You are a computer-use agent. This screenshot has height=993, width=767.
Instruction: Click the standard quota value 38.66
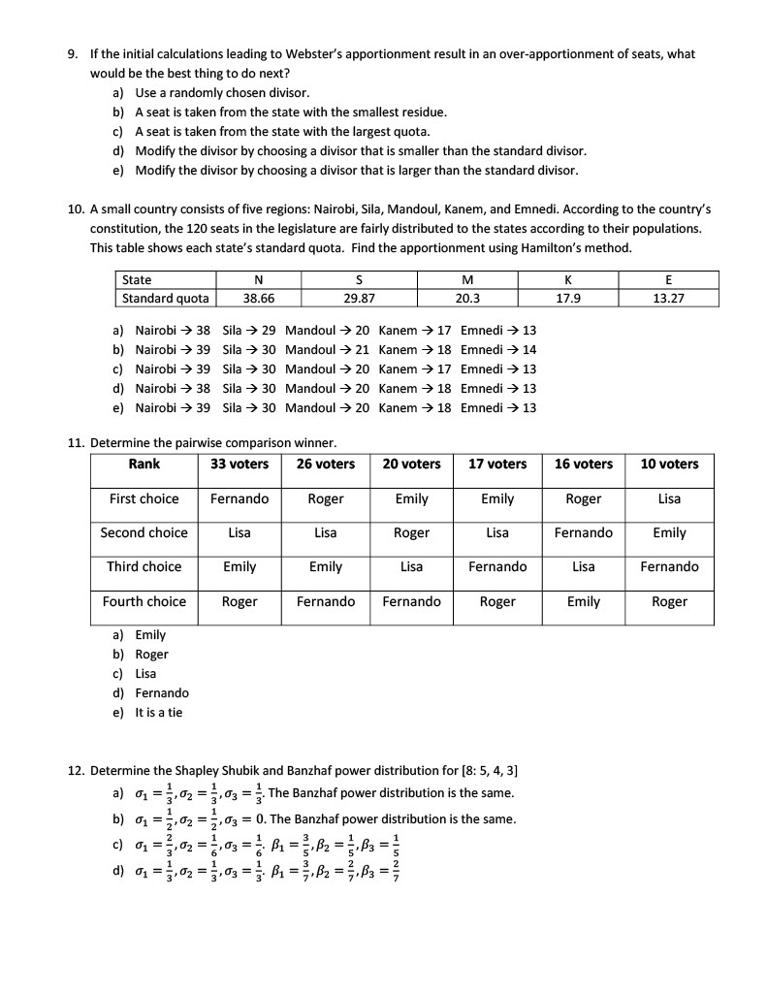tap(257, 298)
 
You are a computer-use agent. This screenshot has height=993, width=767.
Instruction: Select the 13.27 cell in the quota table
tap(668, 298)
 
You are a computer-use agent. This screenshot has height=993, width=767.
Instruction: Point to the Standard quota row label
tap(165, 298)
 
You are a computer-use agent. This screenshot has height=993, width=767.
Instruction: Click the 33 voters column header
tap(240, 464)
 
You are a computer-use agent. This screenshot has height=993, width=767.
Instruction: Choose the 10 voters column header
tap(669, 464)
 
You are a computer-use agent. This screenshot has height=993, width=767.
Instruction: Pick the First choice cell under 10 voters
tap(669, 499)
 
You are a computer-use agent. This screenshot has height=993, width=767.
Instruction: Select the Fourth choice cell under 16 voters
tap(584, 602)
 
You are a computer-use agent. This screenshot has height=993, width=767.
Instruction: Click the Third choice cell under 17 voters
tap(497, 567)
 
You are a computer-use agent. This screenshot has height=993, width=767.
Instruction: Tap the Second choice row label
tap(144, 533)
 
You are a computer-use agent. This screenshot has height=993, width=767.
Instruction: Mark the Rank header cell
tap(144, 464)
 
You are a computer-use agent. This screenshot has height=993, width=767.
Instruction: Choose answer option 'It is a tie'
tap(159, 713)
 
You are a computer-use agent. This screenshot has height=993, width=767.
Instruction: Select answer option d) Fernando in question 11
tap(162, 693)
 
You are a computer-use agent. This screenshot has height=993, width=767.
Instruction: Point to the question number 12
tap(76, 771)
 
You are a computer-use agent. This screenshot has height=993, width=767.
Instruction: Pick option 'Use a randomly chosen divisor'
tap(222, 93)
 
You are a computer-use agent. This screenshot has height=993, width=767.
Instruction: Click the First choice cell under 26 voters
tap(326, 499)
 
